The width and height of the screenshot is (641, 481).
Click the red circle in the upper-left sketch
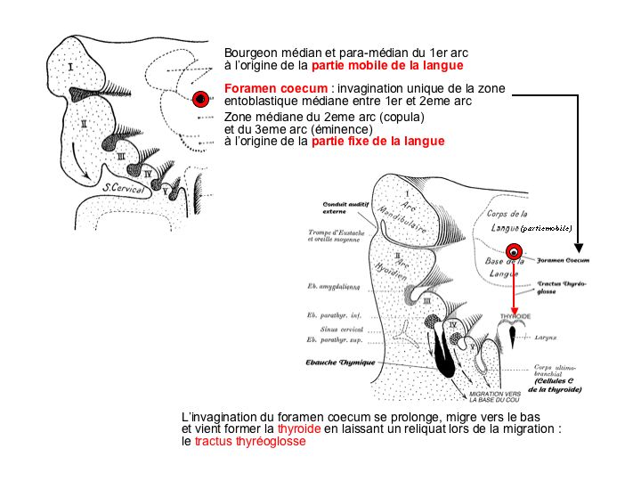[201, 99]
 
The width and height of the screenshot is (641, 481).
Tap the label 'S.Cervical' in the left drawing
[125, 188]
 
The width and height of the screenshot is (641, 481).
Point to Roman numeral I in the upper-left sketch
[69, 66]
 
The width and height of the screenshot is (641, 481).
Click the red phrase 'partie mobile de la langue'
[387, 66]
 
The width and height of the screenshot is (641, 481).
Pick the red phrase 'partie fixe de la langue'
[377, 142]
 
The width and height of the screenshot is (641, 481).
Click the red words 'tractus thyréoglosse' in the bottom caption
[250, 440]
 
